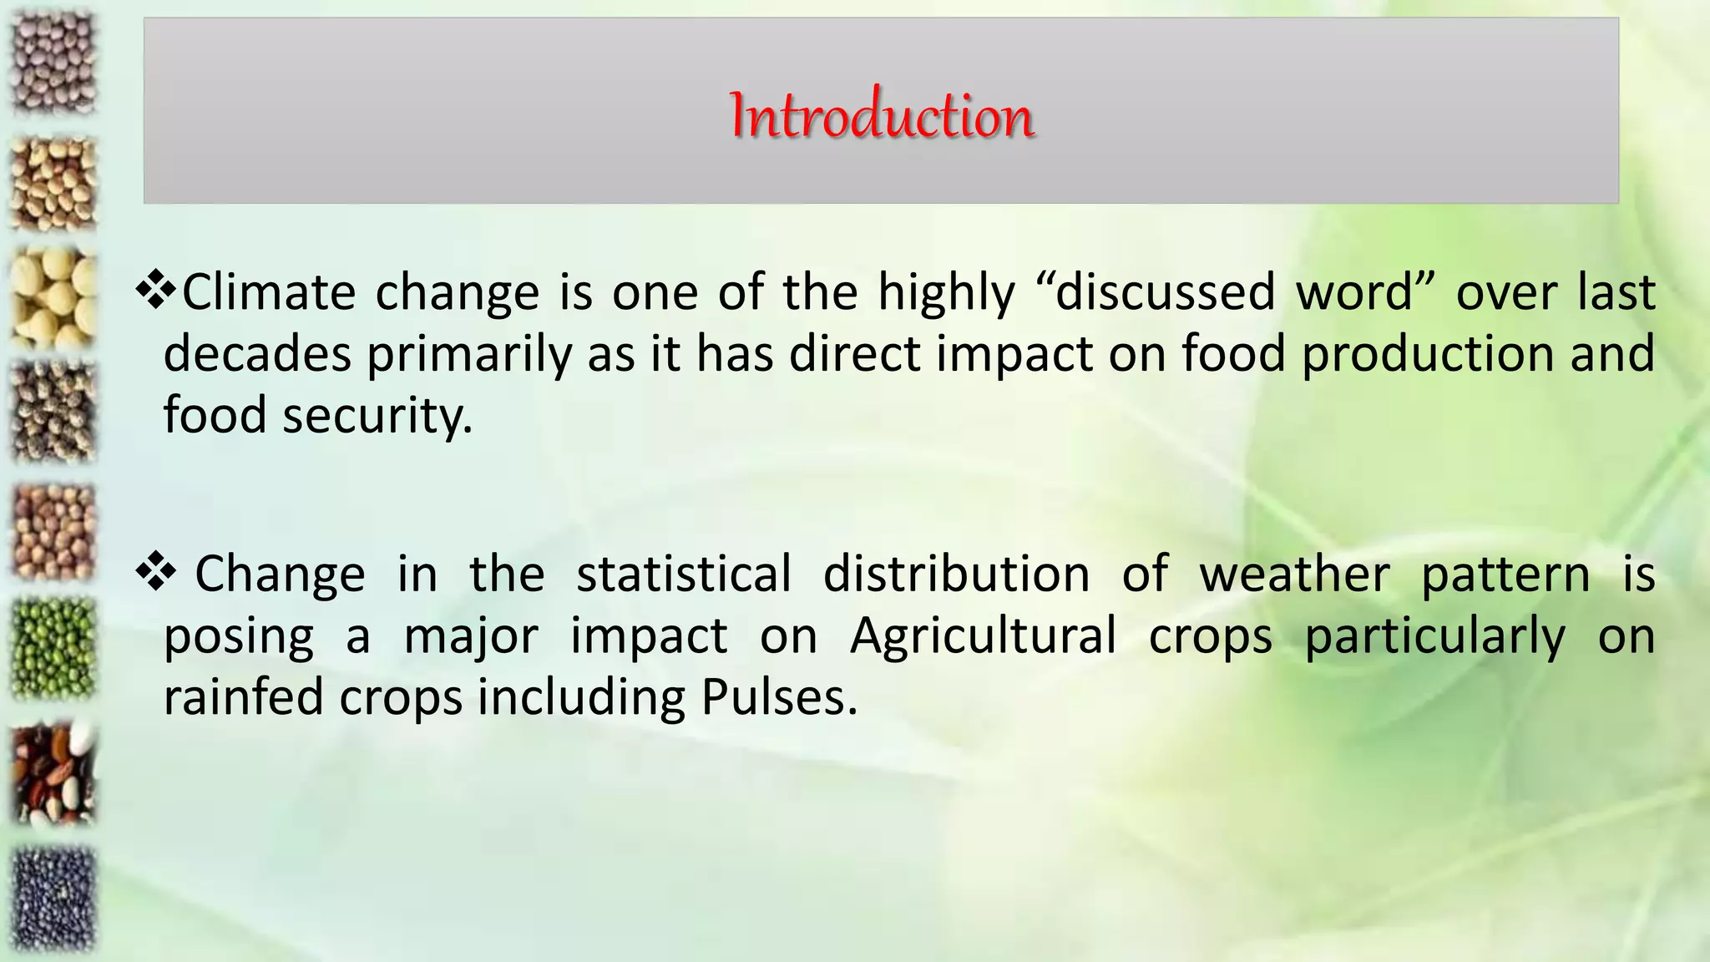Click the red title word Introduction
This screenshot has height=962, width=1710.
click(882, 115)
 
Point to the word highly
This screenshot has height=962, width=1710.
click(946, 294)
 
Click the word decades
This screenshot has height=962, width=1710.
click(257, 354)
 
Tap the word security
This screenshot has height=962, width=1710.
click(377, 416)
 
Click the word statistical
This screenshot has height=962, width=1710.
click(684, 575)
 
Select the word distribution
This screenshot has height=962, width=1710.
click(956, 575)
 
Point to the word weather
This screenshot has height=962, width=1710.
click(1294, 575)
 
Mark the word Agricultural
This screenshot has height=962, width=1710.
click(983, 636)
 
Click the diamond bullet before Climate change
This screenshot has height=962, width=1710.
click(156, 290)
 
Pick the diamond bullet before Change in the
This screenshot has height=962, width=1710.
click(156, 572)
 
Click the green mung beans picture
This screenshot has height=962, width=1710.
click(53, 649)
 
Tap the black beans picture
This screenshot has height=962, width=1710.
click(53, 899)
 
